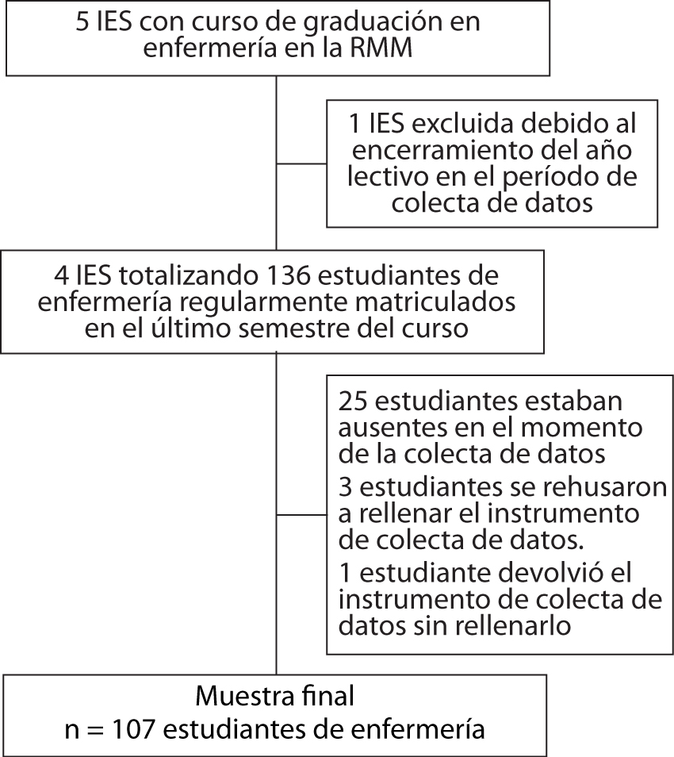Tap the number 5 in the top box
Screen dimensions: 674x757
coord(82,22)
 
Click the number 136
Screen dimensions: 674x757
coord(288,275)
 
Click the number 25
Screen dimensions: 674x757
coord(353,402)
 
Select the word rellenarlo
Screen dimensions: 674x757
coord(512,626)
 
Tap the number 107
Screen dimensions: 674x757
coord(133,729)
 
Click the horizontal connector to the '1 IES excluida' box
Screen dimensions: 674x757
coord(301,163)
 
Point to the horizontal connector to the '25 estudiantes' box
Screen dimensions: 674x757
coord(301,515)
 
